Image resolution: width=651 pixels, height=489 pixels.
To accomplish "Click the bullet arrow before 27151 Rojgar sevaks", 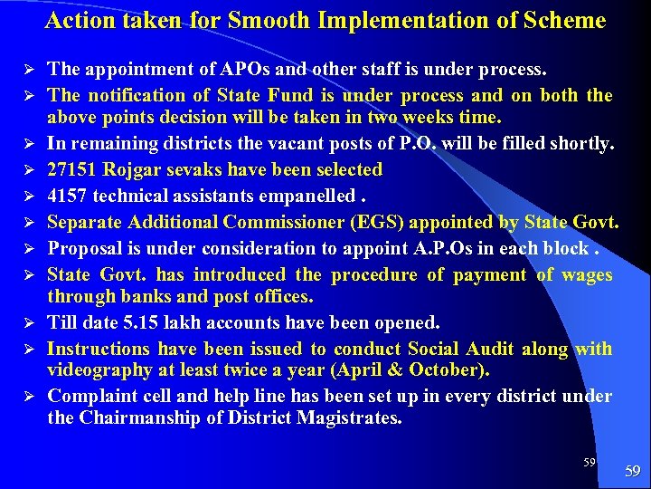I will click(x=30, y=169).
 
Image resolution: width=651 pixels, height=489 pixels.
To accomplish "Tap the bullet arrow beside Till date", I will click(x=30, y=322).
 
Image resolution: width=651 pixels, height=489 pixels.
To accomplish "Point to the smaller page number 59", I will click(x=589, y=462).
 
